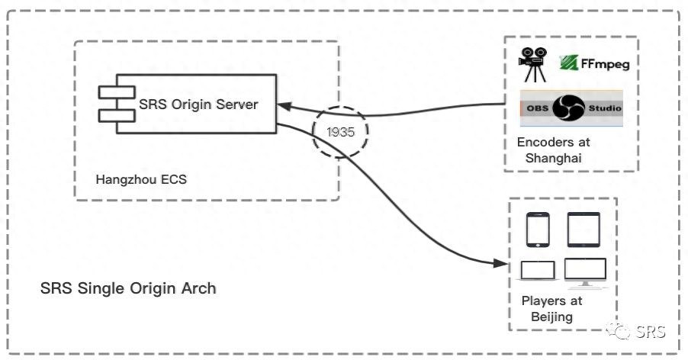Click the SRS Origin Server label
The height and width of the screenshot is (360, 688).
[x=198, y=104]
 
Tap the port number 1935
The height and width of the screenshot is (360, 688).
[x=340, y=131]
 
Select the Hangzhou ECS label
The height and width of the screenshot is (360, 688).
[x=141, y=179]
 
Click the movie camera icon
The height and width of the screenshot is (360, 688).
[x=532, y=65]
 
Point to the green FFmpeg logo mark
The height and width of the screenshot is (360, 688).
[x=568, y=63]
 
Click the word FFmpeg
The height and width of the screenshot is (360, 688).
[x=605, y=64]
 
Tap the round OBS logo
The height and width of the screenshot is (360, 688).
[x=569, y=108]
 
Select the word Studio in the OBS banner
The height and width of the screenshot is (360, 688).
[x=605, y=108]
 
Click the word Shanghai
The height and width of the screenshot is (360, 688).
[x=553, y=158]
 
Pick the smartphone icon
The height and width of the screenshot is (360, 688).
[x=538, y=230]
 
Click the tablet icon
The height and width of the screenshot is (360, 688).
[x=584, y=230]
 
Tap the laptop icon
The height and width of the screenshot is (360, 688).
[x=538, y=271]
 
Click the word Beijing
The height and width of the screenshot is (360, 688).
[x=551, y=317]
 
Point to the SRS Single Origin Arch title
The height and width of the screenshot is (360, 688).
[x=128, y=288]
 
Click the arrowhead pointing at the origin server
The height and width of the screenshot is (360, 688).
[x=285, y=106]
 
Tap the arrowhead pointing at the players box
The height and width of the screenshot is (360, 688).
[x=500, y=263]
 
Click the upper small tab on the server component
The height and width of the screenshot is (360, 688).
[x=117, y=92]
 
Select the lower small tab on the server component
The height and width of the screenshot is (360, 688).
[x=117, y=115]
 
